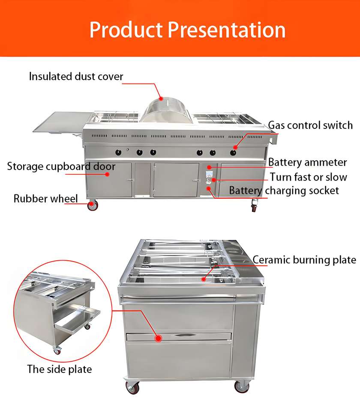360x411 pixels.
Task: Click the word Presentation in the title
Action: [226, 30]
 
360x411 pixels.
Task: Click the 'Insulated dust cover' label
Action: [76, 77]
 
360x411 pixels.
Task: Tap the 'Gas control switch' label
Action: [310, 125]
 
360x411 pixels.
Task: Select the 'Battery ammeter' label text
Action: [307, 163]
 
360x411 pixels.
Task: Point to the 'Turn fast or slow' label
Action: [308, 177]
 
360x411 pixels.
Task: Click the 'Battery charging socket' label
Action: [284, 190]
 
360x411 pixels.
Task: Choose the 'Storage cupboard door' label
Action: [61, 166]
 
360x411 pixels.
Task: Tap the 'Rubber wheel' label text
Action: [46, 198]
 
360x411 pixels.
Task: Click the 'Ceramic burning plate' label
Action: [304, 260]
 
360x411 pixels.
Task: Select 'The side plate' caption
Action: [60, 369]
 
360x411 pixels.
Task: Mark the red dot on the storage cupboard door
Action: [108, 174]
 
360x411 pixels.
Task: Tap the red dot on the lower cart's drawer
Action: [159, 338]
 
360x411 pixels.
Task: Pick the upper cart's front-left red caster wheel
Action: [92, 206]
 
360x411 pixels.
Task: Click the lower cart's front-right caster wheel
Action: [241, 387]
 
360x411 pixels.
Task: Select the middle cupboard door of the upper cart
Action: [176, 179]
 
